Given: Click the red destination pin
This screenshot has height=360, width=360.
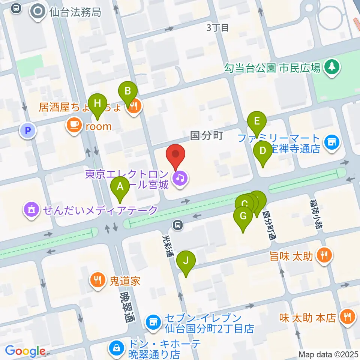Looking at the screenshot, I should (x=176, y=156).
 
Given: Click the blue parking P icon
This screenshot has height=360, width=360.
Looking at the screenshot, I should (x=27, y=131).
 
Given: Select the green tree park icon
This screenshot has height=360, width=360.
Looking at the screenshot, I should (x=331, y=67).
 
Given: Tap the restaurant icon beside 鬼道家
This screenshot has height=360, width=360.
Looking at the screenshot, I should (x=97, y=280).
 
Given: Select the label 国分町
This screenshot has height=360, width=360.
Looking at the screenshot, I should (x=207, y=135).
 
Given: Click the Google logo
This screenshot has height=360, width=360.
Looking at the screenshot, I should (x=25, y=351).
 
